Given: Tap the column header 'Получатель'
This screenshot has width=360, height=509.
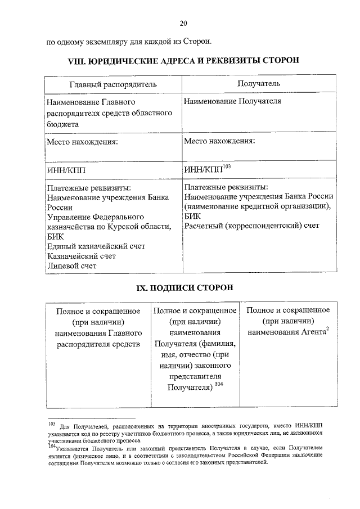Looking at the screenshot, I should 259,83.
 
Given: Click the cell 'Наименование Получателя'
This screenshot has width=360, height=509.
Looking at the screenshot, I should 232,101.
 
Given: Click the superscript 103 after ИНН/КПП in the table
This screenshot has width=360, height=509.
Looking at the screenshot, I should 227,165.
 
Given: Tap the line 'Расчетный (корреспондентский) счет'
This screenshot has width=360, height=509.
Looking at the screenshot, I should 251,226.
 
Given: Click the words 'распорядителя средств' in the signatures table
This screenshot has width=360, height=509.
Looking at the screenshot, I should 98,344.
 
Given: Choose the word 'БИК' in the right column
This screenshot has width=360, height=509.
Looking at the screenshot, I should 191,216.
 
